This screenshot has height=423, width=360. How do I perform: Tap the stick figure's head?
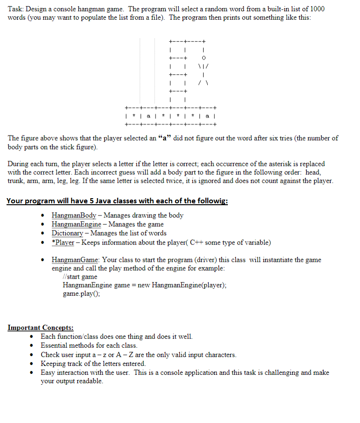[202, 58]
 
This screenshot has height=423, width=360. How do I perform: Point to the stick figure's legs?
[202, 82]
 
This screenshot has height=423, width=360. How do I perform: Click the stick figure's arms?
[202, 66]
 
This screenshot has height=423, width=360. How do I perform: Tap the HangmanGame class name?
[75, 259]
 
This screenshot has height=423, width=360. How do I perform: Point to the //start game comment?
[80, 277]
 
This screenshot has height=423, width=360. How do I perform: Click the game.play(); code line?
[82, 294]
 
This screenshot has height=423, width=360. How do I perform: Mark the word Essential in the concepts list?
[55, 345]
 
